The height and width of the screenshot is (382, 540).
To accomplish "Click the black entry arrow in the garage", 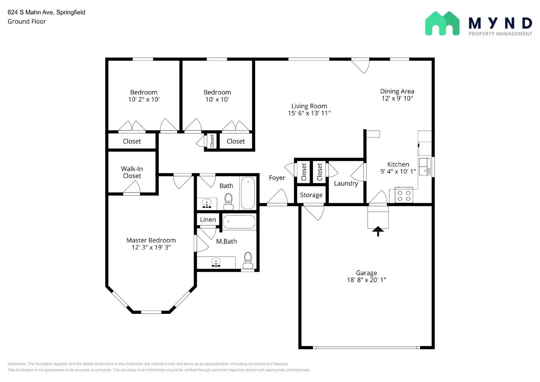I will point(378,231).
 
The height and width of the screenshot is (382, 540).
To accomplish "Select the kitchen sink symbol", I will point(425,166).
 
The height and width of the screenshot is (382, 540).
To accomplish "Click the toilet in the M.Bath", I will point(248,260).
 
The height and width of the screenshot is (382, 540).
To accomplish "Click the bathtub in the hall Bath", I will point(248,193).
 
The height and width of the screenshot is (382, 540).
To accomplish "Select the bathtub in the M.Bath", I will point(239,222).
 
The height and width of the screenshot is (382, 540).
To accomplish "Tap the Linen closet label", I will point(208,220).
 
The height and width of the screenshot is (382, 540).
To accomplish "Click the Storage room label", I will point(311,195).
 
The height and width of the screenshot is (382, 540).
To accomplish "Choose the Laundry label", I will point(346,183).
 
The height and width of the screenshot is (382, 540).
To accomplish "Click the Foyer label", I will point(277,178).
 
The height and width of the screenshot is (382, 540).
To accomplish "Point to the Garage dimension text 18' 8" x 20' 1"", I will point(367,280).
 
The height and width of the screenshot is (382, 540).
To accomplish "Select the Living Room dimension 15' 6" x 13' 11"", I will point(309,113).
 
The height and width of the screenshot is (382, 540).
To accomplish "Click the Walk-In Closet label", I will point(132,172).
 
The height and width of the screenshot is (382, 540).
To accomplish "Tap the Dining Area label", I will point(397,91).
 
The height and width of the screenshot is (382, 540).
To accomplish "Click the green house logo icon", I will point(442,24).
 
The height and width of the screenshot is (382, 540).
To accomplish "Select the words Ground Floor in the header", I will point(27,21).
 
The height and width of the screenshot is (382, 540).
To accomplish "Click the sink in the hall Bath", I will point(207,204).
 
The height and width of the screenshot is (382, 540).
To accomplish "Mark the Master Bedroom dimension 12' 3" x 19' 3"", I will point(151,247).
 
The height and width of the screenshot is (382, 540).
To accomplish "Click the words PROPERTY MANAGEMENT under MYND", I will point(500,34).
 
